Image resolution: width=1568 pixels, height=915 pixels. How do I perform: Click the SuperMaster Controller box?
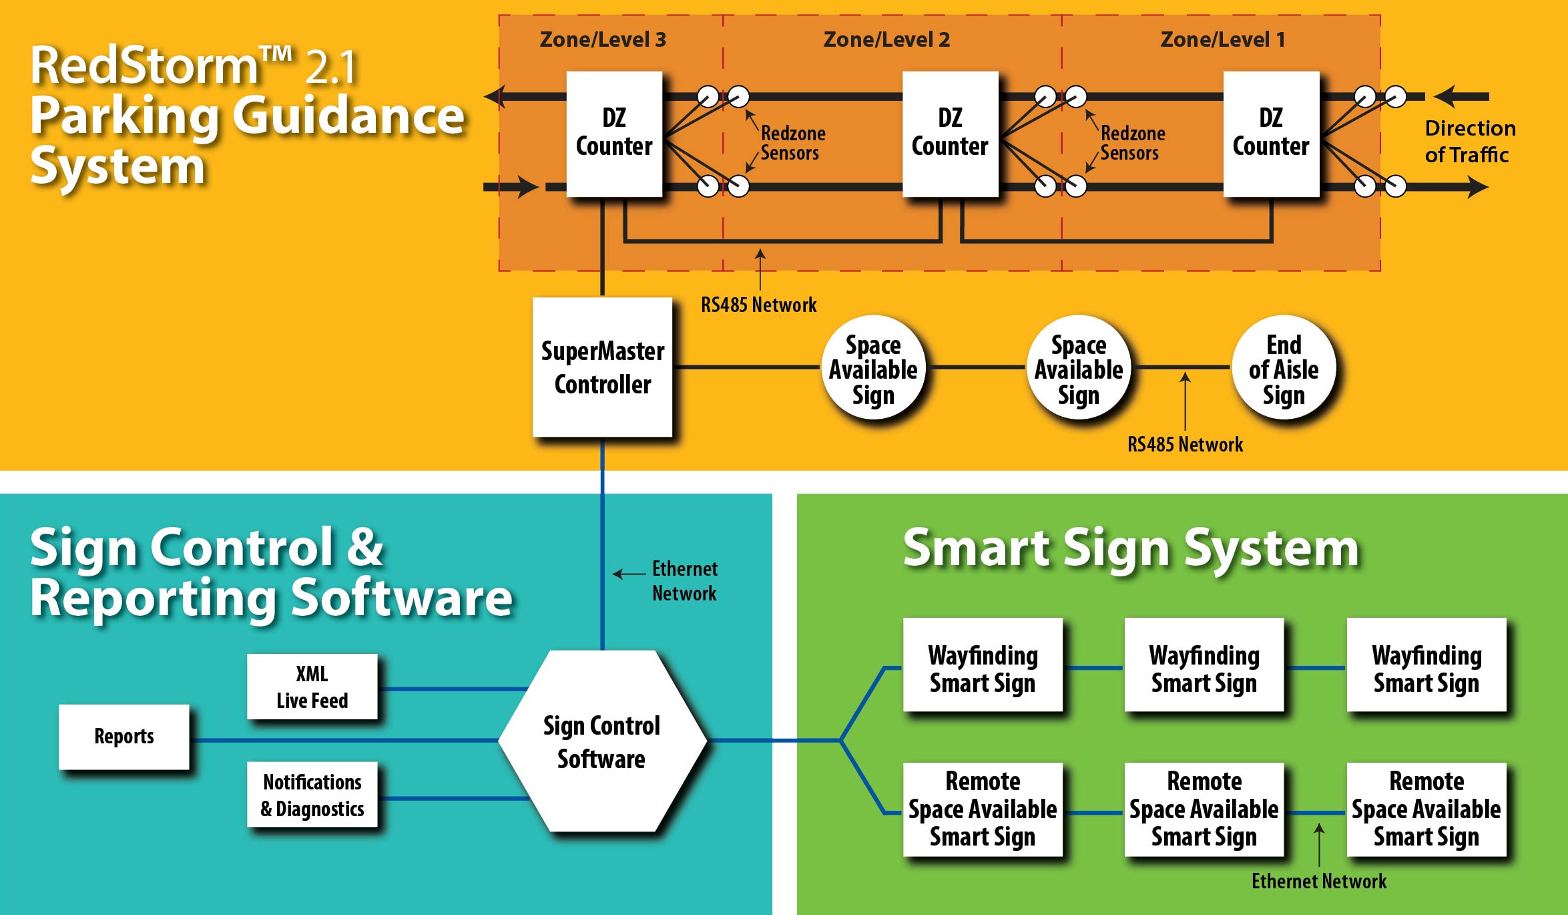602,367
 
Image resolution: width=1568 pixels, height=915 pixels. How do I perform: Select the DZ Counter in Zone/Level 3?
614,134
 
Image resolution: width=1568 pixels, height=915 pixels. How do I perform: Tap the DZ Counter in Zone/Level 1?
1271,134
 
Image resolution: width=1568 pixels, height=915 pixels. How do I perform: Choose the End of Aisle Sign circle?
1283,369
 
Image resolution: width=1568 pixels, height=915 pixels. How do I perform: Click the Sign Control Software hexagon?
602,741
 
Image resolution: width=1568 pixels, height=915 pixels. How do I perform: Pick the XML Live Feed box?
312,687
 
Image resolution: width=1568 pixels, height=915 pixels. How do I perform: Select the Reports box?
124,737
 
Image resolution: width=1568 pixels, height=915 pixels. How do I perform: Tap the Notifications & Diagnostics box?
312,795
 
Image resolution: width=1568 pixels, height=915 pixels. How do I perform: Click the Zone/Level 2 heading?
886,40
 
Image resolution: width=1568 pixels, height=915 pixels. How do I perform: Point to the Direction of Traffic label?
1469,142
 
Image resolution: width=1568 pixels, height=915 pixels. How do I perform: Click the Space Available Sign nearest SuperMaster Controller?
873,369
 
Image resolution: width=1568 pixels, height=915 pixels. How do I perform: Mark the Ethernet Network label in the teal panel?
684,581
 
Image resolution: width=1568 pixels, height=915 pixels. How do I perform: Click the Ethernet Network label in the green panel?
1318,882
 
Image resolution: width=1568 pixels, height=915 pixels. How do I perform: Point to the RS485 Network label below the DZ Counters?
758,305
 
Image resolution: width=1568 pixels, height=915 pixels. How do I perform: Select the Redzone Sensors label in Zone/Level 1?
1132,143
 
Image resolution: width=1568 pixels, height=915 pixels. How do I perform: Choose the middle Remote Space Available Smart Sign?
1204,809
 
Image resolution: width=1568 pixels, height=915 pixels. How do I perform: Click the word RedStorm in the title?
144,67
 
